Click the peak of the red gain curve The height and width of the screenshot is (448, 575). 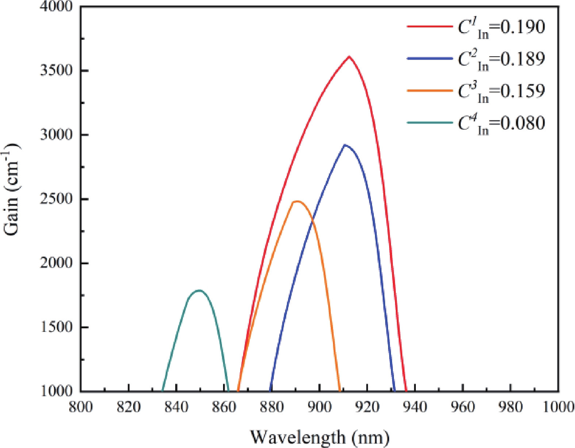click(349, 57)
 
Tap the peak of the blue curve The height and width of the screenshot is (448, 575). click(345, 145)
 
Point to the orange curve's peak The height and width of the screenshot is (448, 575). click(297, 201)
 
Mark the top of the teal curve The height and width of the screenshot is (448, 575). click(199, 291)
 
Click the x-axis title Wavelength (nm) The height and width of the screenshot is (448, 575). click(319, 437)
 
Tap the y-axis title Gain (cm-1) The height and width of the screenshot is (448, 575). click(12, 190)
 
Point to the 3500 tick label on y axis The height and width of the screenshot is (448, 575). click(57, 70)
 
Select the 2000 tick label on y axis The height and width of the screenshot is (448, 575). click(57, 263)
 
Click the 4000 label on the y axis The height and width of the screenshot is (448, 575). click(57, 7)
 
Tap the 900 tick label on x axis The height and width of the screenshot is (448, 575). click(319, 406)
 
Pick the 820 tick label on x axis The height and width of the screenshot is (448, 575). click(129, 406)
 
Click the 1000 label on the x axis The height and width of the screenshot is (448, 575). click(558, 406)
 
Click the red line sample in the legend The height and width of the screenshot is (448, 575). click(430, 27)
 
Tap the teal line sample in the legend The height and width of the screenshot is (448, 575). click(430, 123)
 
